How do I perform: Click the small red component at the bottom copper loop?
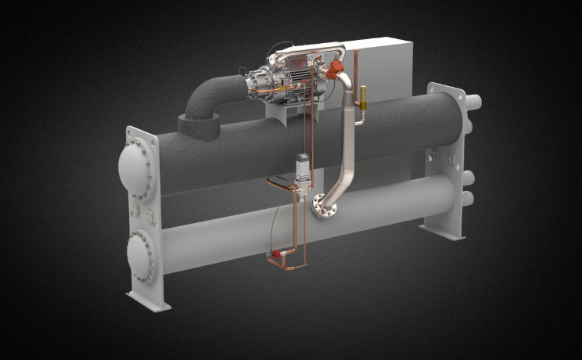click(x=277, y=255)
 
